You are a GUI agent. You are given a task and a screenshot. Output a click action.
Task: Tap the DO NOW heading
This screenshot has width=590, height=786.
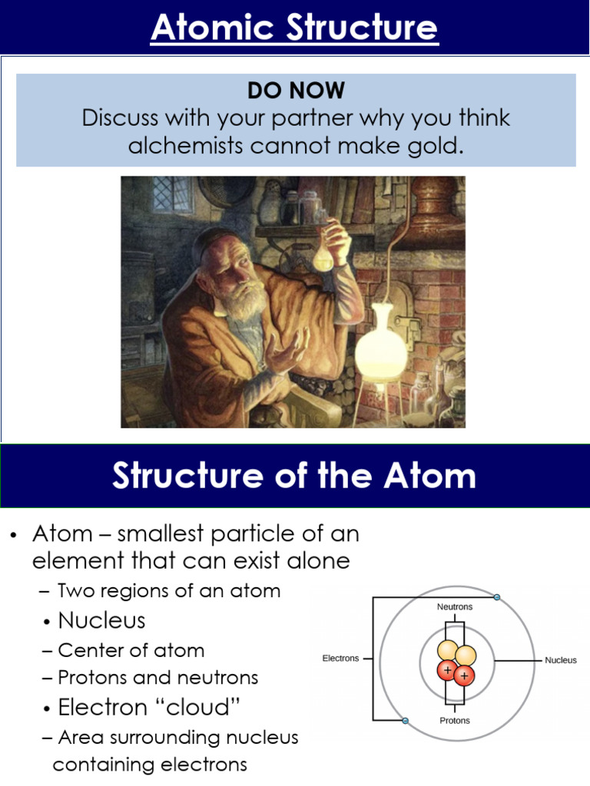296,91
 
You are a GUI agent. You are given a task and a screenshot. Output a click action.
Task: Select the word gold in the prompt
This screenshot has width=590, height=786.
440,145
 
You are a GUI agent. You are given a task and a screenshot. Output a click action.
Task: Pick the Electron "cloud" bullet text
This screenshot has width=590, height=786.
138,707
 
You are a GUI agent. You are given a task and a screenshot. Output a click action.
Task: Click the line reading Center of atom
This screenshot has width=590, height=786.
131,651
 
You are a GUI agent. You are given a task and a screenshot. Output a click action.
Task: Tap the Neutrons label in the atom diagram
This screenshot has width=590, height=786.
455,606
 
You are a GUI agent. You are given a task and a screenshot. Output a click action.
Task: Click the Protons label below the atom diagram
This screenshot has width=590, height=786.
455,721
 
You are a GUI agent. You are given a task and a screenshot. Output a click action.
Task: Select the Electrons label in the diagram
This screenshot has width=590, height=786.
340,659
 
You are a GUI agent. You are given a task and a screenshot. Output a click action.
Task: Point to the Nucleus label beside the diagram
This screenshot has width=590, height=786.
561,659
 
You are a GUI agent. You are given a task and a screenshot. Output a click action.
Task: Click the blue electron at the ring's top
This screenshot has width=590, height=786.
497,597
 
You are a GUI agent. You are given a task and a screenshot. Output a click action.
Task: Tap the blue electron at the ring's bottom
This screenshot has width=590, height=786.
405,720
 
